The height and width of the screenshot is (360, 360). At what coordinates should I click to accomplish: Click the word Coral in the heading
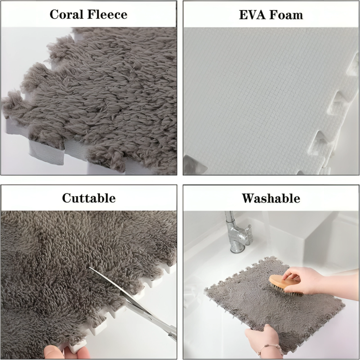tap(68, 14)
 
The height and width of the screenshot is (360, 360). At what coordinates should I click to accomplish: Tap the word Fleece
tap(108, 14)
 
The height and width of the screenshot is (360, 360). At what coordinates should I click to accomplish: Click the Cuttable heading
tap(89, 198)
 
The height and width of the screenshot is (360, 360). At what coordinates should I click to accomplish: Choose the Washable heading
tap(271, 198)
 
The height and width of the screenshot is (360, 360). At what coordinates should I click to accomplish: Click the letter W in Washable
tap(249, 198)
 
